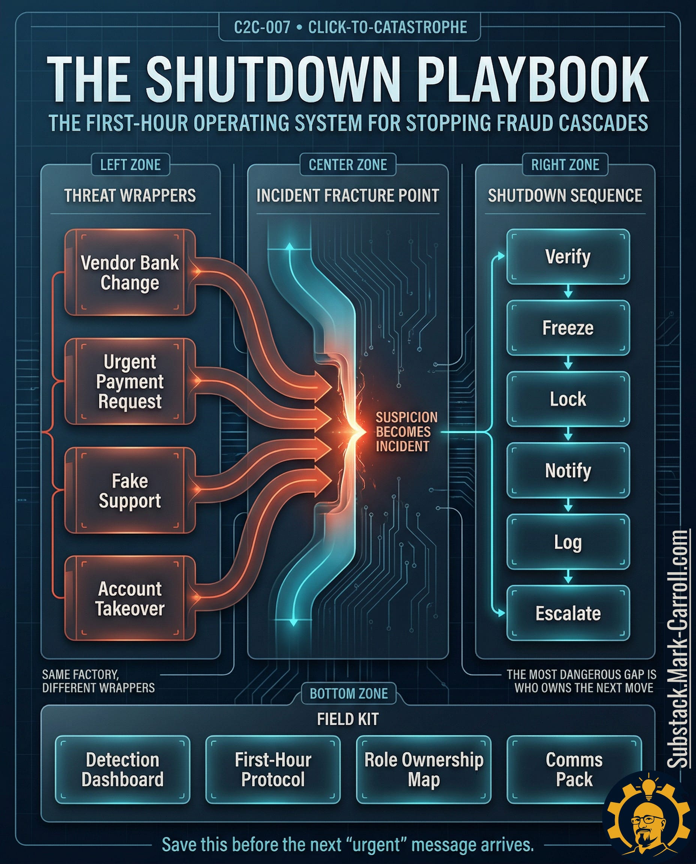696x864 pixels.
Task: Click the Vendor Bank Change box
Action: click(x=129, y=273)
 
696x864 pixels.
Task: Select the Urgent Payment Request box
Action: click(x=129, y=381)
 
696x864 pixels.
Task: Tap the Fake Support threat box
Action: click(x=129, y=490)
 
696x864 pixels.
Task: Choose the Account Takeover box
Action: click(x=129, y=598)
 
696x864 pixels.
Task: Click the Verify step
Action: click(x=568, y=257)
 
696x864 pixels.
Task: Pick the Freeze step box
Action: click(x=568, y=328)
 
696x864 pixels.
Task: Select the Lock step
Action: click(x=568, y=399)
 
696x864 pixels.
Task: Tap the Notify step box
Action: click(x=568, y=470)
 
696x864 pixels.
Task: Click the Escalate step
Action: click(x=568, y=613)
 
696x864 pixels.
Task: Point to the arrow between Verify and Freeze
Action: click(x=568, y=292)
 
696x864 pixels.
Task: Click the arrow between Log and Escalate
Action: click(x=568, y=577)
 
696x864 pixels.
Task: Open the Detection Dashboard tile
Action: click(x=122, y=769)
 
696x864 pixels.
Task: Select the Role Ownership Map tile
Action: click(x=423, y=769)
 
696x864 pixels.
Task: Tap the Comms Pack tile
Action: click(x=574, y=769)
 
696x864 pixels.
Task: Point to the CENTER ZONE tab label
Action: click(x=348, y=165)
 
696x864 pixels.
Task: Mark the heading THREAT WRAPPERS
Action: click(x=130, y=196)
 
